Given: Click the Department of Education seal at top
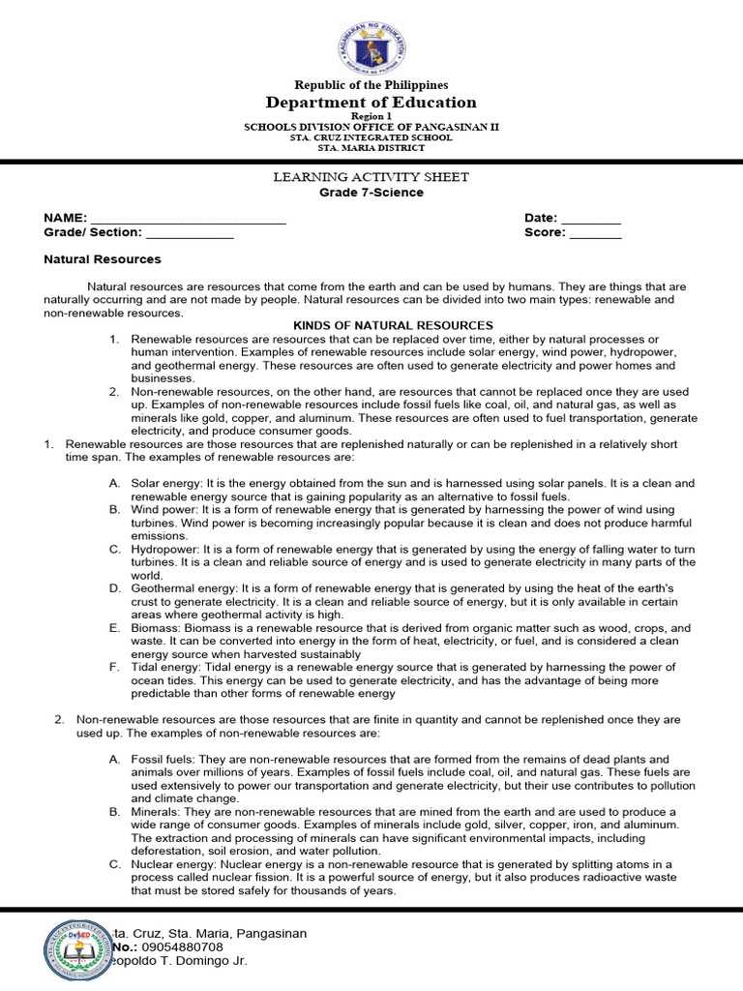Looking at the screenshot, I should [371, 45].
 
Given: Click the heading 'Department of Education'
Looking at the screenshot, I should [371, 103].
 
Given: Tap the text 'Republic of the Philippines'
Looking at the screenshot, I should [371, 85].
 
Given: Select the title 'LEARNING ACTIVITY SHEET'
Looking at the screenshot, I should [371, 177].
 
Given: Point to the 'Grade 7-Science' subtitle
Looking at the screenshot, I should [371, 193].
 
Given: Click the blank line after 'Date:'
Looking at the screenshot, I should [591, 220].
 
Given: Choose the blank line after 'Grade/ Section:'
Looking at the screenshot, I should [190, 233].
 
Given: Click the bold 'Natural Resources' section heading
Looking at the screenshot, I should [103, 259].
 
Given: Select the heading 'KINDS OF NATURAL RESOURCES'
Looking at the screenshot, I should [393, 326].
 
